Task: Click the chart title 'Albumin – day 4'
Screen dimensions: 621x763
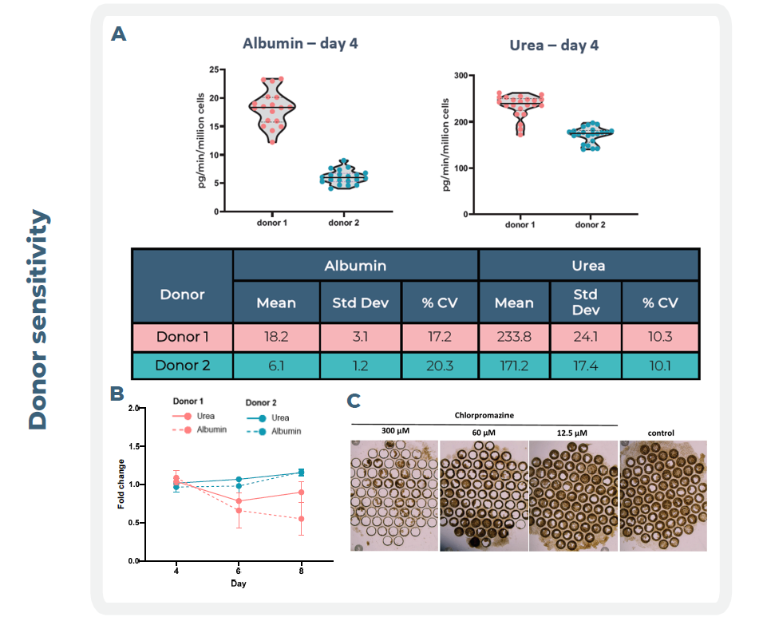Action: tap(300, 43)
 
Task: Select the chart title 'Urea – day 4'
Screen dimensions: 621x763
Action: tap(554, 45)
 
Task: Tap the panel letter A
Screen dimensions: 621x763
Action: tap(118, 34)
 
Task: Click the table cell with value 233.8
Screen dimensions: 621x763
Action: tap(514, 337)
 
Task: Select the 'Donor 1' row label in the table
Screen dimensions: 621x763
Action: tap(183, 337)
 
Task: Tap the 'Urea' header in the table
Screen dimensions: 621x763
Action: tap(588, 265)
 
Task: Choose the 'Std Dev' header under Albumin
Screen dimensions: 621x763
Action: tap(360, 303)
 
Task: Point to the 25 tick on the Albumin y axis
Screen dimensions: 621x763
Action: tap(215, 70)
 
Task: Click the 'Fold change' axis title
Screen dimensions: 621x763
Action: tap(122, 484)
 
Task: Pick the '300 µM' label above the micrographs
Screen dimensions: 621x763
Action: tap(395, 432)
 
